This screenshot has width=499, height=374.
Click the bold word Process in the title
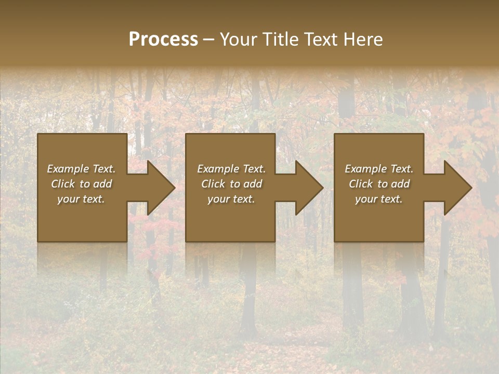tap(163, 39)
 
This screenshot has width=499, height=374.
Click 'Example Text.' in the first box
tap(81, 169)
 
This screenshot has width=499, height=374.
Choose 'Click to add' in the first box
tap(81, 184)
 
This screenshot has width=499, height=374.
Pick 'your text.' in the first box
tap(81, 199)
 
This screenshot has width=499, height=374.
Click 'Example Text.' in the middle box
tap(231, 169)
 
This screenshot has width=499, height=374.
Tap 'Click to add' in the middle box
tap(231, 184)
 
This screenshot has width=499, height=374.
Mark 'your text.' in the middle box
tap(231, 199)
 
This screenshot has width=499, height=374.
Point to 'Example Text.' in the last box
tap(379, 169)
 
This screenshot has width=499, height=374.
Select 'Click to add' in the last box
tap(379, 184)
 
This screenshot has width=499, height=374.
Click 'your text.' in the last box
tap(379, 199)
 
